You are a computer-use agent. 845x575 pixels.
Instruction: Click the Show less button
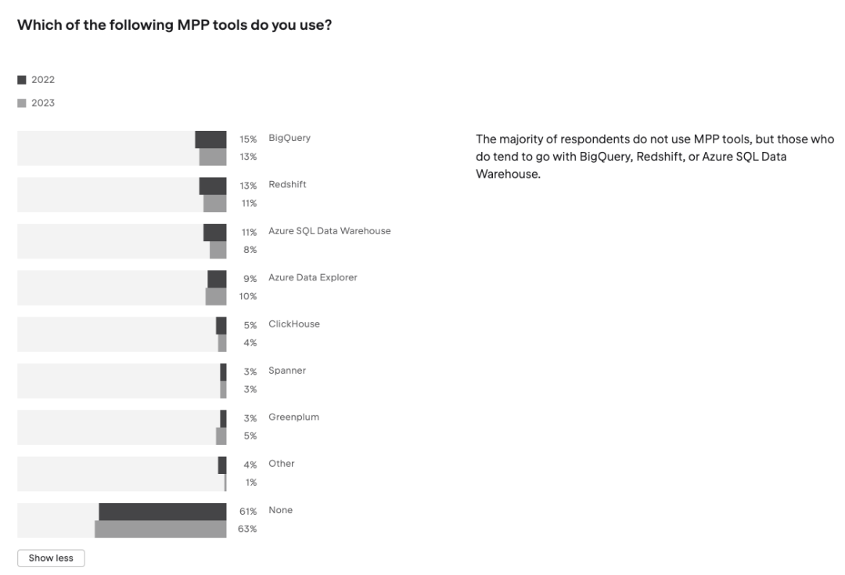(51, 559)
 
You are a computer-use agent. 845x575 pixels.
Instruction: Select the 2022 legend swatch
(22, 80)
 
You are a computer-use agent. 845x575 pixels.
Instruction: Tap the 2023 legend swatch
(22, 103)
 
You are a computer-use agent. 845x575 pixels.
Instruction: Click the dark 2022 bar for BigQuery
(210, 139)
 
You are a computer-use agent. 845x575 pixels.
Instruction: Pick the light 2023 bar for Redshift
(214, 204)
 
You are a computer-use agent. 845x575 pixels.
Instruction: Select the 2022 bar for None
(162, 512)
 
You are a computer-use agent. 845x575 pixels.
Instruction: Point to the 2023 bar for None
(160, 529)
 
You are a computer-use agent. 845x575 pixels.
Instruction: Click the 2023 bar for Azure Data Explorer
(216, 296)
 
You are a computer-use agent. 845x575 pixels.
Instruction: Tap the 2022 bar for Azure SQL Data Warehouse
(214, 233)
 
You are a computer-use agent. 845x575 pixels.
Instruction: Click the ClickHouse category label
(293, 324)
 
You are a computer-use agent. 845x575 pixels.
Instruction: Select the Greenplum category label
(293, 418)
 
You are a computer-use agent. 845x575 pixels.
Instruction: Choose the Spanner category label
(287, 371)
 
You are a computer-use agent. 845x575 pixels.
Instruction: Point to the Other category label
(282, 464)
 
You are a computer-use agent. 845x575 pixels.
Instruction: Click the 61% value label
(248, 512)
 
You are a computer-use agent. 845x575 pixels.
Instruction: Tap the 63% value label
(248, 529)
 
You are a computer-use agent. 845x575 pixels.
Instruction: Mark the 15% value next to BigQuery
(248, 139)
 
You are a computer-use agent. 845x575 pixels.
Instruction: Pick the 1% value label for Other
(251, 483)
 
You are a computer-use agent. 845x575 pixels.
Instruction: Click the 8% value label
(250, 250)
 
